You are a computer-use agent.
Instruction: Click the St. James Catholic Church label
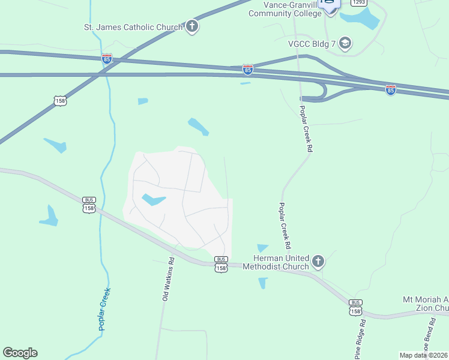pos(133,26)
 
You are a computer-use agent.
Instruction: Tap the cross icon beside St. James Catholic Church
pos(192,26)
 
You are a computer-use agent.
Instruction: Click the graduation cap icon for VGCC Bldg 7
pos(345,43)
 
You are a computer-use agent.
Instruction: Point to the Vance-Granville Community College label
pos(286,10)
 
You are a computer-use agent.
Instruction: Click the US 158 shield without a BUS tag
pos(59,100)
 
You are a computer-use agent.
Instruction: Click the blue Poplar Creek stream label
pos(105,310)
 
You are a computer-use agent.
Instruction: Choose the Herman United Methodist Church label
pos(276,262)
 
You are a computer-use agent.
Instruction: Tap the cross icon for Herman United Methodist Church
pos(318,262)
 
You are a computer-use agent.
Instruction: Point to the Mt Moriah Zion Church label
pos(425,304)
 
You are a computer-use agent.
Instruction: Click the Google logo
pos(20,353)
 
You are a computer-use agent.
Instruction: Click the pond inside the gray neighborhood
pos(153,199)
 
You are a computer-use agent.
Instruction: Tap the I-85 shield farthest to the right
pos(391,90)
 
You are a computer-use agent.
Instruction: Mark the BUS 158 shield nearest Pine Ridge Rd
pos(356,307)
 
